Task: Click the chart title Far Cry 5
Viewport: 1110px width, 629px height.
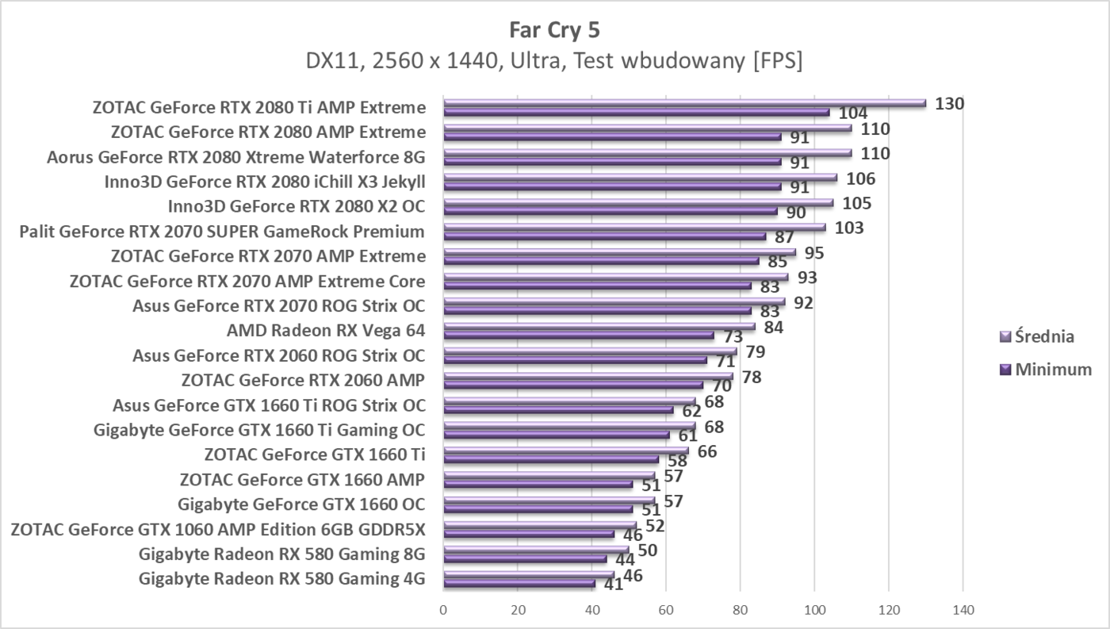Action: point(554,30)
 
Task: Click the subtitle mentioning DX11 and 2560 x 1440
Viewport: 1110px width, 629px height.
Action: point(554,61)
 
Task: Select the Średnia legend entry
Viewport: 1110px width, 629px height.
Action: point(1044,336)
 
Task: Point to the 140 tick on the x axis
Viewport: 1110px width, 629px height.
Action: point(963,610)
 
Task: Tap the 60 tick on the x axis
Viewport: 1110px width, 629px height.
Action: point(666,610)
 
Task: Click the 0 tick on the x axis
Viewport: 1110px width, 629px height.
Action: point(443,610)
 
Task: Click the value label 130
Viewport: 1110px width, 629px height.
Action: point(949,103)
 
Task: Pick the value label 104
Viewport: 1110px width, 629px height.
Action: point(852,113)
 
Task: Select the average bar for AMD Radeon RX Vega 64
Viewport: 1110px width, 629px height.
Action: point(599,326)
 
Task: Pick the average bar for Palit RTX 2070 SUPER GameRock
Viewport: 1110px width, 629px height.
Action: point(634,227)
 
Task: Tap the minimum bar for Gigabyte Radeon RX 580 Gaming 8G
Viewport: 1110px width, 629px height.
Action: point(525,558)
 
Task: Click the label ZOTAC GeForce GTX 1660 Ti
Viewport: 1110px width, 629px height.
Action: point(314,454)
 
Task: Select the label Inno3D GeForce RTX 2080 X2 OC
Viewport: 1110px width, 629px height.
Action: point(296,207)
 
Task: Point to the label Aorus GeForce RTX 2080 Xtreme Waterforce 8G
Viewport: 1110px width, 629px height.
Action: point(235,157)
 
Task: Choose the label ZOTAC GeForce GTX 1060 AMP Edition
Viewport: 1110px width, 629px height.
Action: point(218,529)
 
